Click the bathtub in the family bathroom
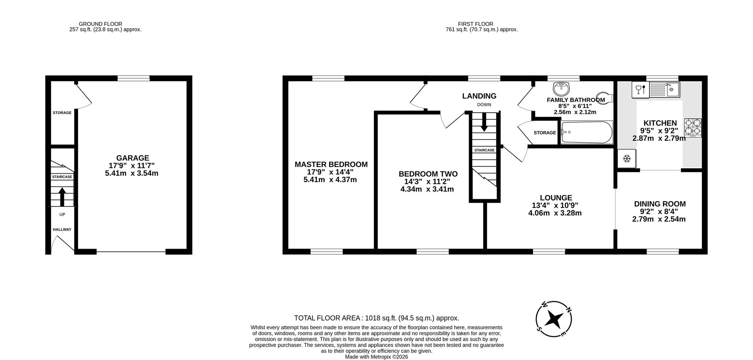click(587, 133)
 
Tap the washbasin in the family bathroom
click(561, 88)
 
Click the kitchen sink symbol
click(665, 90)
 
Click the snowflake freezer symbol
click(627, 159)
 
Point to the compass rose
click(554, 319)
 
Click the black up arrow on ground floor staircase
click(62, 196)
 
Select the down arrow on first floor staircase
click(484, 122)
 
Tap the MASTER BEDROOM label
click(331, 165)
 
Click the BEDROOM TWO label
click(428, 174)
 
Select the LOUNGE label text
click(556, 198)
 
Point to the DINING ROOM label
click(660, 204)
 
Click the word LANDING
click(479, 96)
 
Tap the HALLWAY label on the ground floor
click(62, 229)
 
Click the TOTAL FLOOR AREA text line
click(376, 318)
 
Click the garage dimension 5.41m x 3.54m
click(132, 173)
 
